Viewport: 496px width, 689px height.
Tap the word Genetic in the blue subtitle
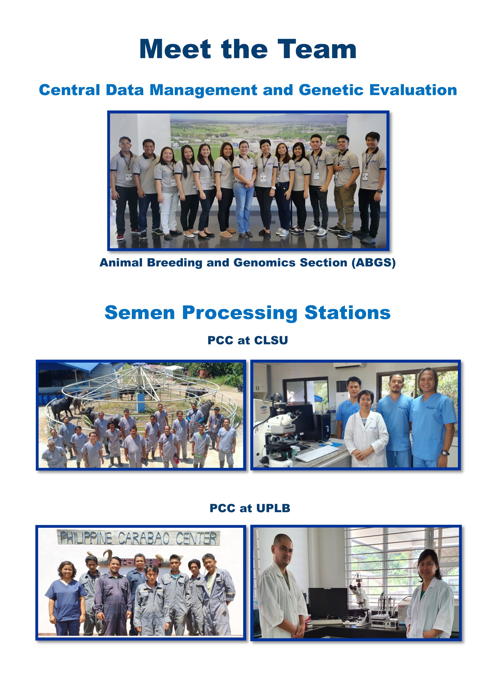(331, 90)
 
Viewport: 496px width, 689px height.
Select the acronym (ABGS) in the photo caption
(374, 263)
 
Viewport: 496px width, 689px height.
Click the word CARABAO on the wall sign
(144, 539)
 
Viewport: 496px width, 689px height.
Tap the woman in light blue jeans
(244, 188)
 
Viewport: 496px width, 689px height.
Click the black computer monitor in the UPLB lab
(328, 603)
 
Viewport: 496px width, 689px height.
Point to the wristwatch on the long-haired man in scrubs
(445, 453)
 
